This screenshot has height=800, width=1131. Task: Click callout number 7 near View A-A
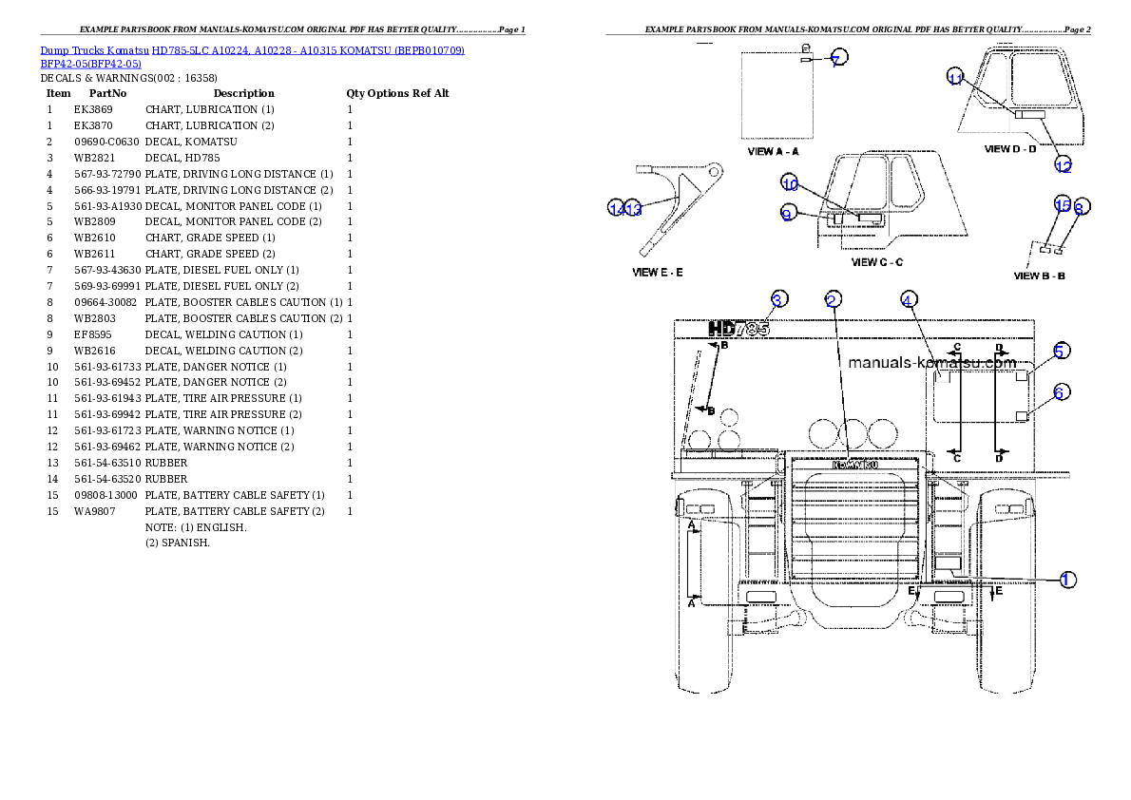[835, 60]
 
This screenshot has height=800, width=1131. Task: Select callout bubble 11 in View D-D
[956, 79]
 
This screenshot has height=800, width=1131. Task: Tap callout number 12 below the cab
[1064, 166]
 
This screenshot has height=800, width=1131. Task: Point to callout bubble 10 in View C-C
[790, 183]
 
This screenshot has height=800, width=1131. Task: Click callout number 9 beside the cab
[787, 215]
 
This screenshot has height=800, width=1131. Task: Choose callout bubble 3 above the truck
[778, 300]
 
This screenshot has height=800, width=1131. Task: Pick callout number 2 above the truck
[832, 300]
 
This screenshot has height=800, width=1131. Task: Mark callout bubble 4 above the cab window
[908, 300]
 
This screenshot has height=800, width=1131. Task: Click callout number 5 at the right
[1062, 351]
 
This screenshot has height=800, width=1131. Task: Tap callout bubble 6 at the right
[1062, 391]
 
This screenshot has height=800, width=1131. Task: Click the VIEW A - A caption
[774, 151]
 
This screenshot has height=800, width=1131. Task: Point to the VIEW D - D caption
[1010, 149]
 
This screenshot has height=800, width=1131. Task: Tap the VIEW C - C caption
[877, 262]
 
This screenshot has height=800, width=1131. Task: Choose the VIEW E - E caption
[658, 273]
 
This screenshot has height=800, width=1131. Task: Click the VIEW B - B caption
[1040, 276]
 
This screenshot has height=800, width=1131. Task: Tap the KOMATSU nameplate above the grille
[854, 465]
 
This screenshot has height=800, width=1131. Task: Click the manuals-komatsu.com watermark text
[931, 362]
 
